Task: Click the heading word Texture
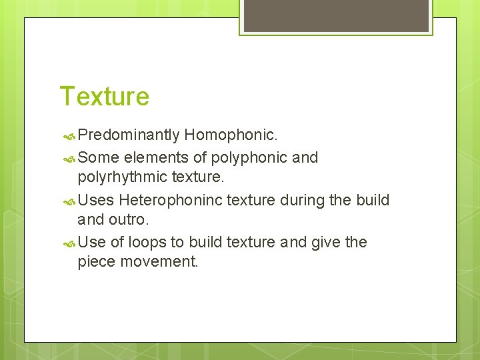pos(105,97)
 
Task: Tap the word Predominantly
pos(129,136)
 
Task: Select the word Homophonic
pos(231,136)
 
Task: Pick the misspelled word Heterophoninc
pos(172,200)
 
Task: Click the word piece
pos(97,262)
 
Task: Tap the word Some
pos(98,158)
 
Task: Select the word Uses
pos(96,200)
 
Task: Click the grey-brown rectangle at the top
pos(335,15)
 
